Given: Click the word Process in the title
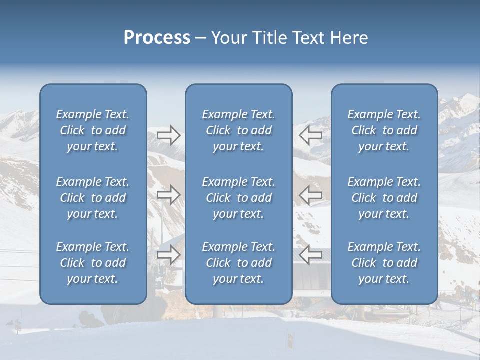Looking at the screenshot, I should [157, 38].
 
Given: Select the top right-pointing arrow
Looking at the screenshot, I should [168, 135].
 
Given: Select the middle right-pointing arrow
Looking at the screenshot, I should [168, 195].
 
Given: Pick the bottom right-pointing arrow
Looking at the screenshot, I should [168, 255].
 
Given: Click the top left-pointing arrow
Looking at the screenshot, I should [311, 135].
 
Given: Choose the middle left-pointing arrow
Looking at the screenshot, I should [311, 195].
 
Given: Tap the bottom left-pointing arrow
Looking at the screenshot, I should [311, 255].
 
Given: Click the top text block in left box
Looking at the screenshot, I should [93, 130].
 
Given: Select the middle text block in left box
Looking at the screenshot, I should [93, 198].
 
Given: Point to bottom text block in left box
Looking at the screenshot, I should [93, 263].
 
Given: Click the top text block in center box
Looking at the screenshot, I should [239, 130].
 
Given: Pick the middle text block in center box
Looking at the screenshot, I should [239, 198].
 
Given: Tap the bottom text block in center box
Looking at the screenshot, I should [239, 263].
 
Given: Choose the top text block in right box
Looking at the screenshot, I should [384, 130].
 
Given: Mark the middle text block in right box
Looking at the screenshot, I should [384, 198].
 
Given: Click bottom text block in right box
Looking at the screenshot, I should [384, 263].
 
